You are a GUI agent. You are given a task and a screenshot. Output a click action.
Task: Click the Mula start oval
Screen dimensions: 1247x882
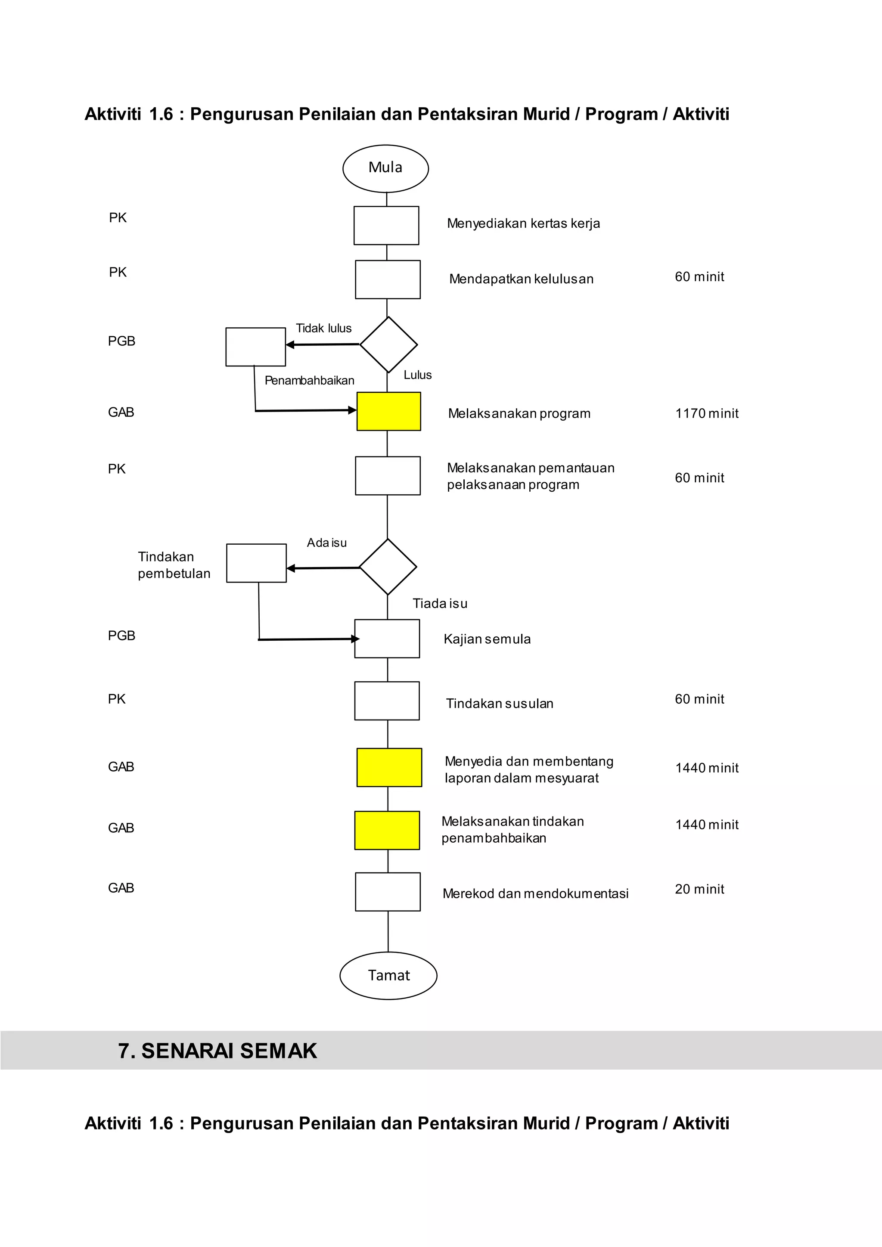point(385,168)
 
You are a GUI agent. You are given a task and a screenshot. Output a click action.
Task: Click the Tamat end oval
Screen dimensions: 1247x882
point(388,975)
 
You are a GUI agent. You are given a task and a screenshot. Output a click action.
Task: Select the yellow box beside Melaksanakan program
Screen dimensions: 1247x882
point(388,411)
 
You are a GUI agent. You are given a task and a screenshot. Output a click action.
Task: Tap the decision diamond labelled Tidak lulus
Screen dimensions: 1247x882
point(388,344)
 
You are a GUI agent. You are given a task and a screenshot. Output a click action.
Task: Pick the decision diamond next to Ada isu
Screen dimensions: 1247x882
point(388,567)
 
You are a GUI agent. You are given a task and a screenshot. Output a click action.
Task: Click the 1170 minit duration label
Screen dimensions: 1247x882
point(707,413)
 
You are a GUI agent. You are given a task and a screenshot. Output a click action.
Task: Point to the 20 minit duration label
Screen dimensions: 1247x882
point(699,889)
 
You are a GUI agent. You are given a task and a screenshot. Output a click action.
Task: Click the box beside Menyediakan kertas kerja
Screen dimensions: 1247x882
point(386,225)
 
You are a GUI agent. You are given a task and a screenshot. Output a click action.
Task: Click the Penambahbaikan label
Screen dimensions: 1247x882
point(309,380)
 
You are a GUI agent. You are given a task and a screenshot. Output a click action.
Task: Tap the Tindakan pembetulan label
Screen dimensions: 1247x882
point(174,565)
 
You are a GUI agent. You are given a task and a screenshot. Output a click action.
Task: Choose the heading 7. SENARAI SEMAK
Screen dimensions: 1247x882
point(217,1051)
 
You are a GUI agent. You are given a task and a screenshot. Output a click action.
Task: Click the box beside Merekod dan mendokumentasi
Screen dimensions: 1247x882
point(388,892)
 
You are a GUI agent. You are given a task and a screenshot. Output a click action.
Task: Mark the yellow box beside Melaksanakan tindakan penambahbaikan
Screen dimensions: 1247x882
point(387,831)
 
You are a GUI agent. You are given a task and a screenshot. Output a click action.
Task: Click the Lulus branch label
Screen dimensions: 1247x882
point(418,375)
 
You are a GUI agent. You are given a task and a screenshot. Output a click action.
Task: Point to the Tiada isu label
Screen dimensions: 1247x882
point(440,603)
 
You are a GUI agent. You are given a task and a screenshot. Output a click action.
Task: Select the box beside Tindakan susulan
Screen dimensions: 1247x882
point(387,701)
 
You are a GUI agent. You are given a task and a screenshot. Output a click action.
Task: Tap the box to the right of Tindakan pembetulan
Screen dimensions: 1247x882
point(256,563)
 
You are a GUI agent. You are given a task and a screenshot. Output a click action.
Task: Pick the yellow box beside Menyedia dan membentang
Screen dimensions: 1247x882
point(389,767)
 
